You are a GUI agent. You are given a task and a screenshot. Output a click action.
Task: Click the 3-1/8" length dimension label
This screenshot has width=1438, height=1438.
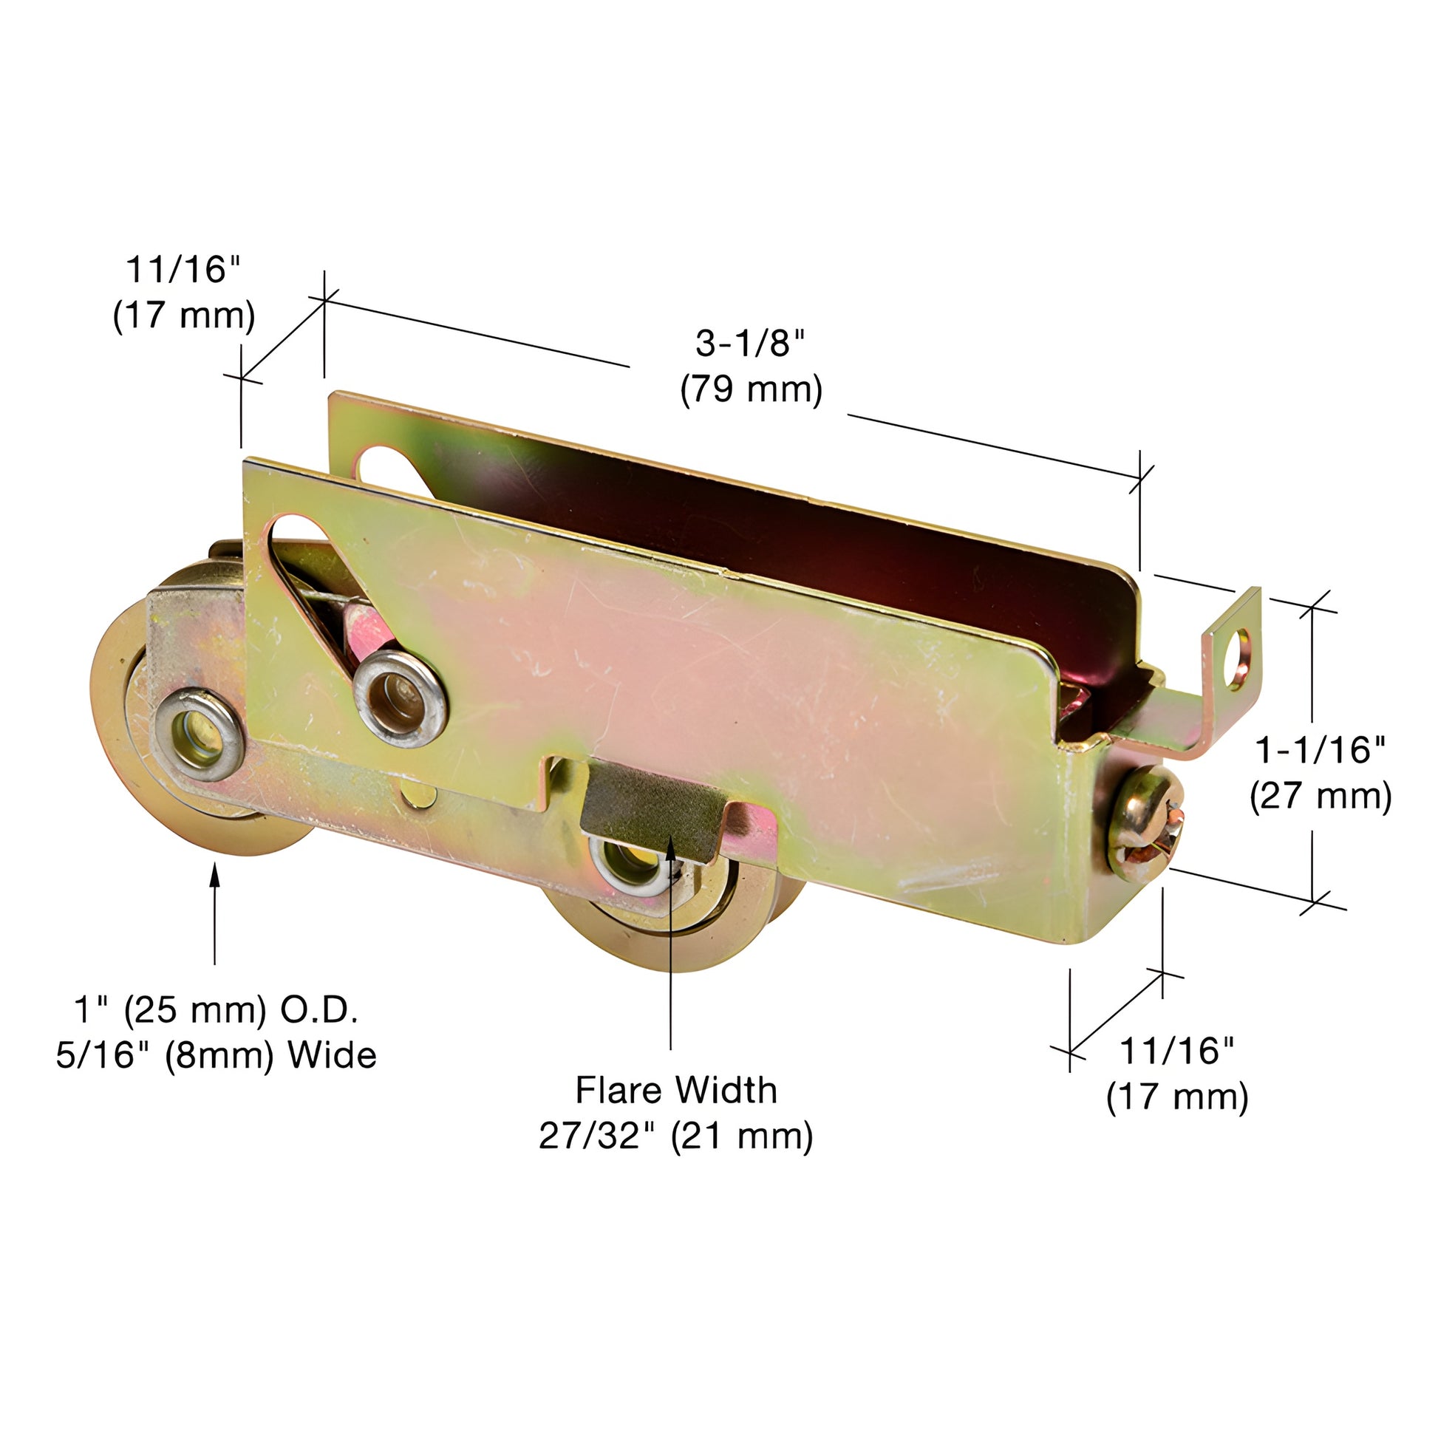tap(750, 344)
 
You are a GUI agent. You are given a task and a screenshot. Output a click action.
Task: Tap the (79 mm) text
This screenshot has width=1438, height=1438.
tap(751, 390)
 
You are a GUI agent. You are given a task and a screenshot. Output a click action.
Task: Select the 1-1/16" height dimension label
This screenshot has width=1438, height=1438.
tap(1321, 750)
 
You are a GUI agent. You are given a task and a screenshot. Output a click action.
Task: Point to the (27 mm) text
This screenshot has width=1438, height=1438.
tap(1321, 797)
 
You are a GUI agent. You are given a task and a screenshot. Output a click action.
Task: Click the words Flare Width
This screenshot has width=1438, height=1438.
tap(676, 1091)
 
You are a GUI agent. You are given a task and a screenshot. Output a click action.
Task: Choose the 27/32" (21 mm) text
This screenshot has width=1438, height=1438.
tap(676, 1137)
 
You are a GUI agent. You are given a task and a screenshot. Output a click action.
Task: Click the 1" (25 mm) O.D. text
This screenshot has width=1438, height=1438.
tap(216, 1010)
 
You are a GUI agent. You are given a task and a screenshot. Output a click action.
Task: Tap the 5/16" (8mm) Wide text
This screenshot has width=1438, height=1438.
tap(216, 1056)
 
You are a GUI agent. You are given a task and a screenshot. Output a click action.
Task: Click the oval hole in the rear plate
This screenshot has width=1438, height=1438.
tap(387, 469)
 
